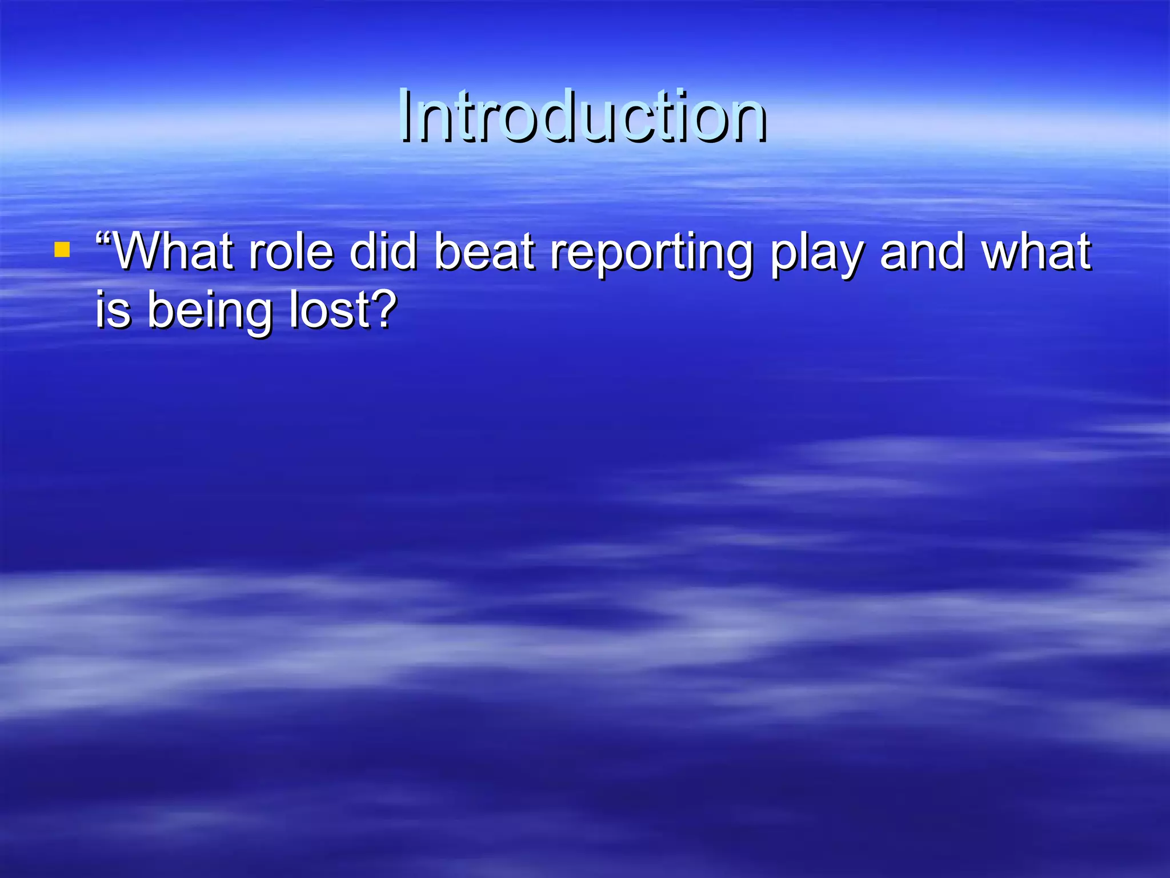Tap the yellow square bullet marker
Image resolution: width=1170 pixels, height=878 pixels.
pos(62,250)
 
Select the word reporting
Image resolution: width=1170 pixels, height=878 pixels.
pos(651,254)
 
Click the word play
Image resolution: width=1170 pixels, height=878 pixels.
pos(816,254)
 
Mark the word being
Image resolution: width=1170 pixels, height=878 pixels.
pos(209,313)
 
